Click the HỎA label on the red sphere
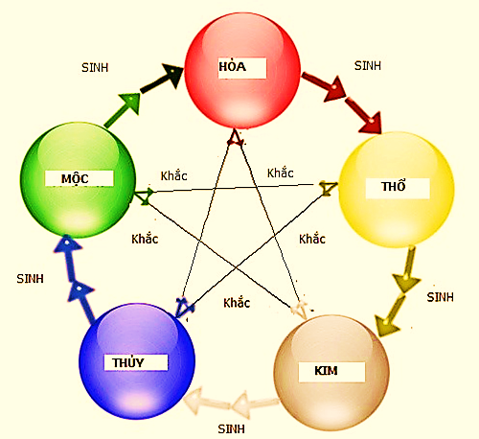(232, 67)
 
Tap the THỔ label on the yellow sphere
(394, 186)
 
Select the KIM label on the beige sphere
(326, 371)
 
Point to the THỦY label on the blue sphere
(128, 362)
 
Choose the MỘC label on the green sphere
(75, 179)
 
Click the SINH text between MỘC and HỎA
(95, 68)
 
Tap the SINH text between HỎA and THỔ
(368, 66)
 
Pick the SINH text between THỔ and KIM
(440, 297)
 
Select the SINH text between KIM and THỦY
(231, 429)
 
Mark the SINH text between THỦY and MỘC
(30, 279)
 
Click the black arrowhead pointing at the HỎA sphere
(172, 76)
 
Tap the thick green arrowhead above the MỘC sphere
(131, 103)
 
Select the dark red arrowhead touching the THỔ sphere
(371, 123)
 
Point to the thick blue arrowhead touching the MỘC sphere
(67, 243)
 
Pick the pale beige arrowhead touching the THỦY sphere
(194, 401)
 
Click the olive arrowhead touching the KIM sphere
(386, 325)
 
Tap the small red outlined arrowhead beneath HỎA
(236, 138)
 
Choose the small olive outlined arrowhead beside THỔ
(328, 189)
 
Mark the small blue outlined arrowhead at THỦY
(184, 308)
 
